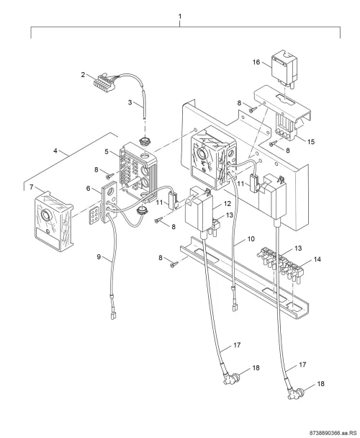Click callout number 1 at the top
tap(180, 17)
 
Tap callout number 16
tap(256, 62)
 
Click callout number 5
tap(107, 152)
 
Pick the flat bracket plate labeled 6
tap(109, 202)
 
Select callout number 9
tap(99, 256)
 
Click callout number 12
tap(228, 204)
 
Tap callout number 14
tap(318, 259)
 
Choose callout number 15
tap(311, 142)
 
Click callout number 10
tap(251, 239)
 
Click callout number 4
tap(55, 151)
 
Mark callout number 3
tap(130, 102)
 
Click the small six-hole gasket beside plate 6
tap(94, 215)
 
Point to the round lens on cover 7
tap(45, 215)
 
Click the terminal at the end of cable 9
tap(112, 316)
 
